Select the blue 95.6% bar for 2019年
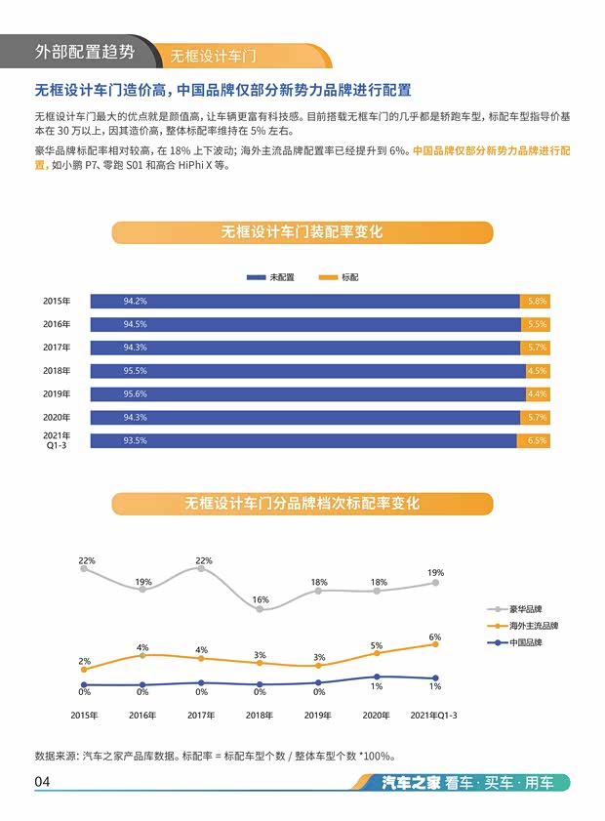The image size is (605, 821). point(305,394)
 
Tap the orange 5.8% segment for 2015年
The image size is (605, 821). point(535,301)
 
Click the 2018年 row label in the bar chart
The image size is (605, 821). point(57,371)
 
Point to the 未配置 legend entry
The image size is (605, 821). point(270,277)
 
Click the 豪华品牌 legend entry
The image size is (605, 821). point(521,606)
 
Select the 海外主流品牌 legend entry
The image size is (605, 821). point(527,625)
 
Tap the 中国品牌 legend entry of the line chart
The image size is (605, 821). point(521,643)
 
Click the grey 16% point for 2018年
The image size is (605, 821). point(260,609)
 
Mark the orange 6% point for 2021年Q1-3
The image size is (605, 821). point(435,644)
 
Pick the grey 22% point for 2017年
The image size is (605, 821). point(201,568)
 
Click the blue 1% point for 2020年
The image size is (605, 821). point(377,677)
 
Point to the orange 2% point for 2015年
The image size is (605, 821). point(84,670)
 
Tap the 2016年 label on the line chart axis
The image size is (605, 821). point(142,716)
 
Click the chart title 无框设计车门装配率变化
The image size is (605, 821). point(302,232)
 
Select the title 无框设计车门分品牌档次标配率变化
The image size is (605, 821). point(302,504)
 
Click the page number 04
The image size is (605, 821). point(42,782)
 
